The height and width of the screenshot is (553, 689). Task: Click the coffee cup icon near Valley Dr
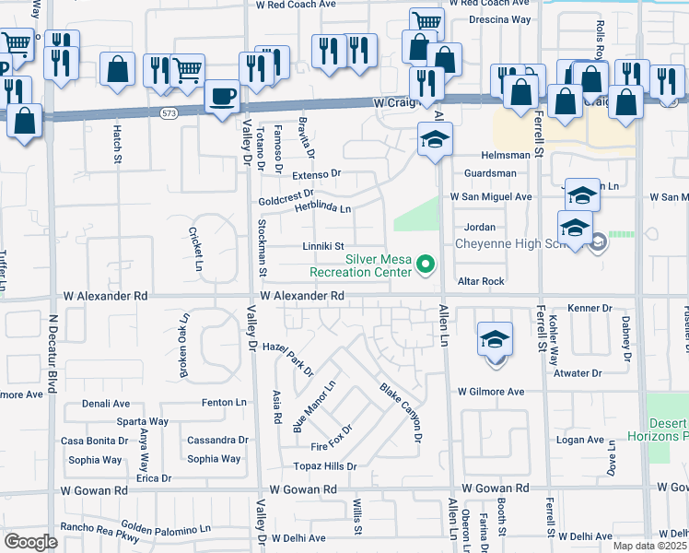222,96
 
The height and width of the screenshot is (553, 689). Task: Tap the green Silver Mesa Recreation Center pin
426,265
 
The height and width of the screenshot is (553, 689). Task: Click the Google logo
31,541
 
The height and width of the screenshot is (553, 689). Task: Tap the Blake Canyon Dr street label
401,411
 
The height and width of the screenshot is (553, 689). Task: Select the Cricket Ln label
195,250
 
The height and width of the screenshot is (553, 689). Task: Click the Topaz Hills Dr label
325,466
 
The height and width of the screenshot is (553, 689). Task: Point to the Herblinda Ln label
322,209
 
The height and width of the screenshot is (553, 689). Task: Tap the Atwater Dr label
577,373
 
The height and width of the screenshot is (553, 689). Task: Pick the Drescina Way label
499,18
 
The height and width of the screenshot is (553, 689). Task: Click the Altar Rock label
479,281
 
